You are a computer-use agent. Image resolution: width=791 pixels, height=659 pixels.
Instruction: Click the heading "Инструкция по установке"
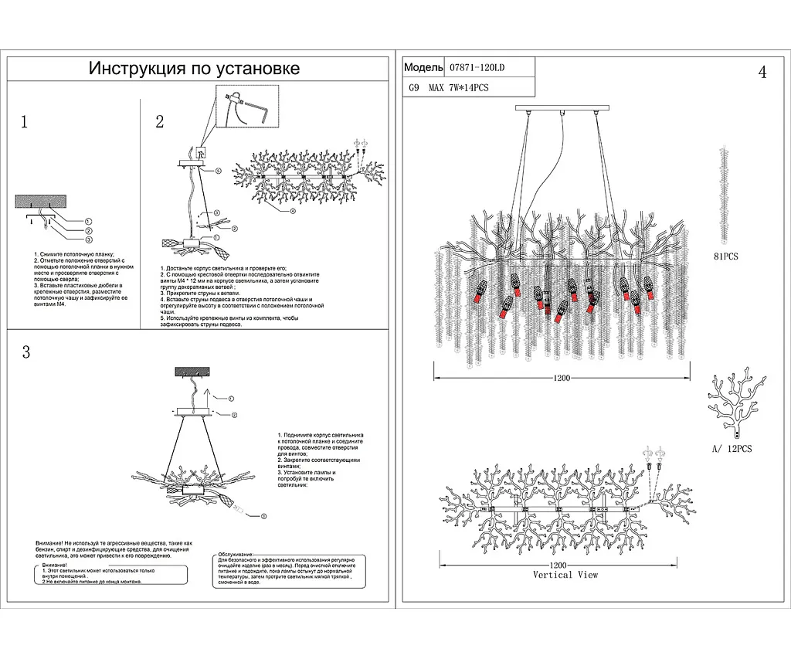point(194,69)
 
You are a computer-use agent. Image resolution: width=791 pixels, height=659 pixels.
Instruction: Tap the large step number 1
point(25,122)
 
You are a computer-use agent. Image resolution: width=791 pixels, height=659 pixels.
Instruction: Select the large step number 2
point(160,122)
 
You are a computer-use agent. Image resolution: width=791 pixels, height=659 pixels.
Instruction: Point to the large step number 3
point(25,353)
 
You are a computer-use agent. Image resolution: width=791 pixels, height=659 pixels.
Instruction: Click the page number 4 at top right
point(762,73)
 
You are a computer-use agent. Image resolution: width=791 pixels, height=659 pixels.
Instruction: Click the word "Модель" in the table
point(423,67)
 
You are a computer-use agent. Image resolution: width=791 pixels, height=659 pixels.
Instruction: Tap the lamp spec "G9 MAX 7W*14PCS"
point(447,88)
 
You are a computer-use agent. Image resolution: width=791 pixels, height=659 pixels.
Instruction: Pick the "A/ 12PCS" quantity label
point(731,449)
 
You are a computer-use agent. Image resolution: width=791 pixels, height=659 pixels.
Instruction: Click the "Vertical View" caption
point(565,575)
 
